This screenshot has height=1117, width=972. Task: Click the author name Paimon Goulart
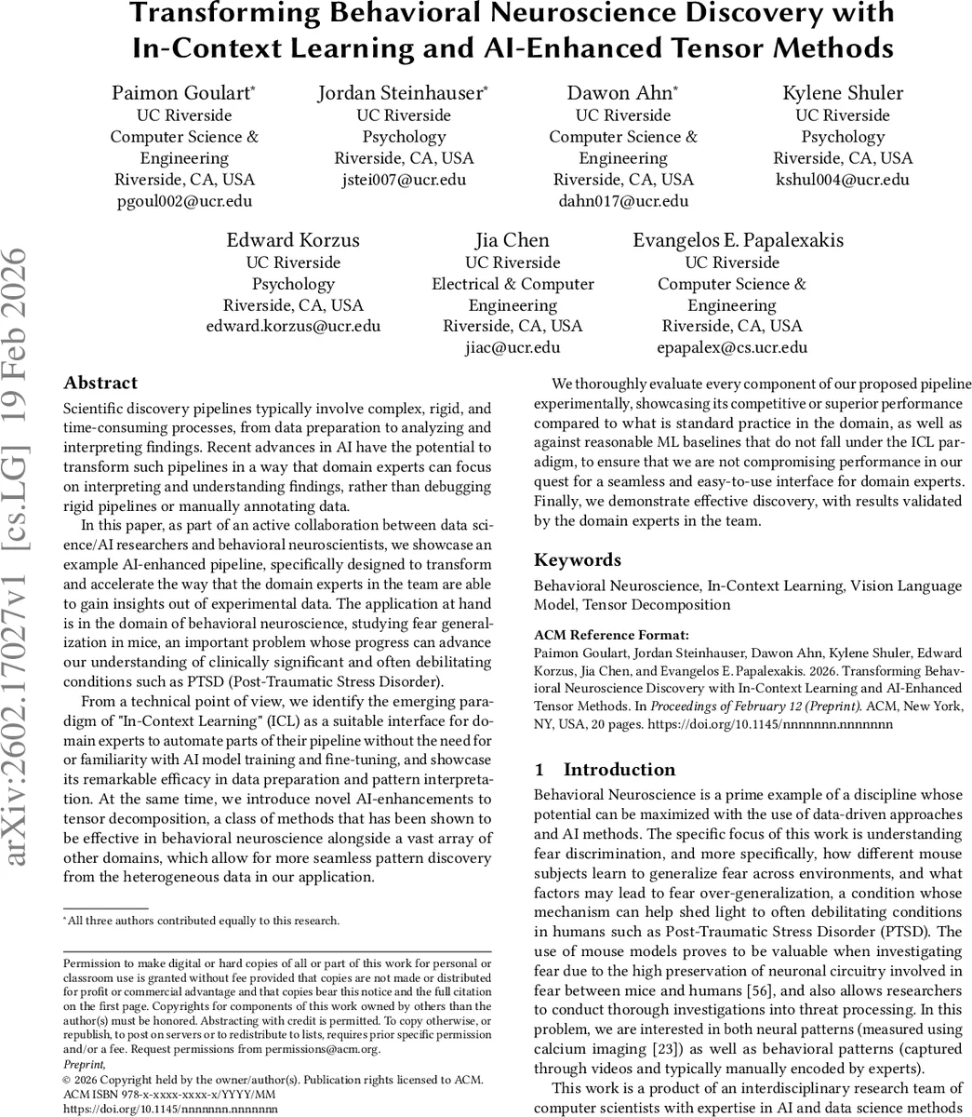tap(182, 93)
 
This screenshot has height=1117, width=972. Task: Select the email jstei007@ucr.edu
tap(403, 180)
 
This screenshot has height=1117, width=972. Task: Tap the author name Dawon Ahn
tap(620, 93)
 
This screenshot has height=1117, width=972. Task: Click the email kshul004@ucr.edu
tap(843, 180)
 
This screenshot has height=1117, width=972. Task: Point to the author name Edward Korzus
tap(293, 240)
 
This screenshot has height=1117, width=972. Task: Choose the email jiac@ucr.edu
tap(513, 348)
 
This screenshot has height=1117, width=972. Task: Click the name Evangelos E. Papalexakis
tap(739, 240)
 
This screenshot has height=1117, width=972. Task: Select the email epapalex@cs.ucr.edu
tap(732, 348)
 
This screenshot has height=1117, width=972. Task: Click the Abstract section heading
tap(100, 383)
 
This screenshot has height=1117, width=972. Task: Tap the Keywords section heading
tap(577, 560)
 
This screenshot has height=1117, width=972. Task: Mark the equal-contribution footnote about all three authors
tap(201, 922)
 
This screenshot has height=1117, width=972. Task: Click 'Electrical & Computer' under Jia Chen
tap(513, 284)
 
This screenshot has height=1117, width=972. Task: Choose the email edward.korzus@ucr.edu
tap(293, 327)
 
